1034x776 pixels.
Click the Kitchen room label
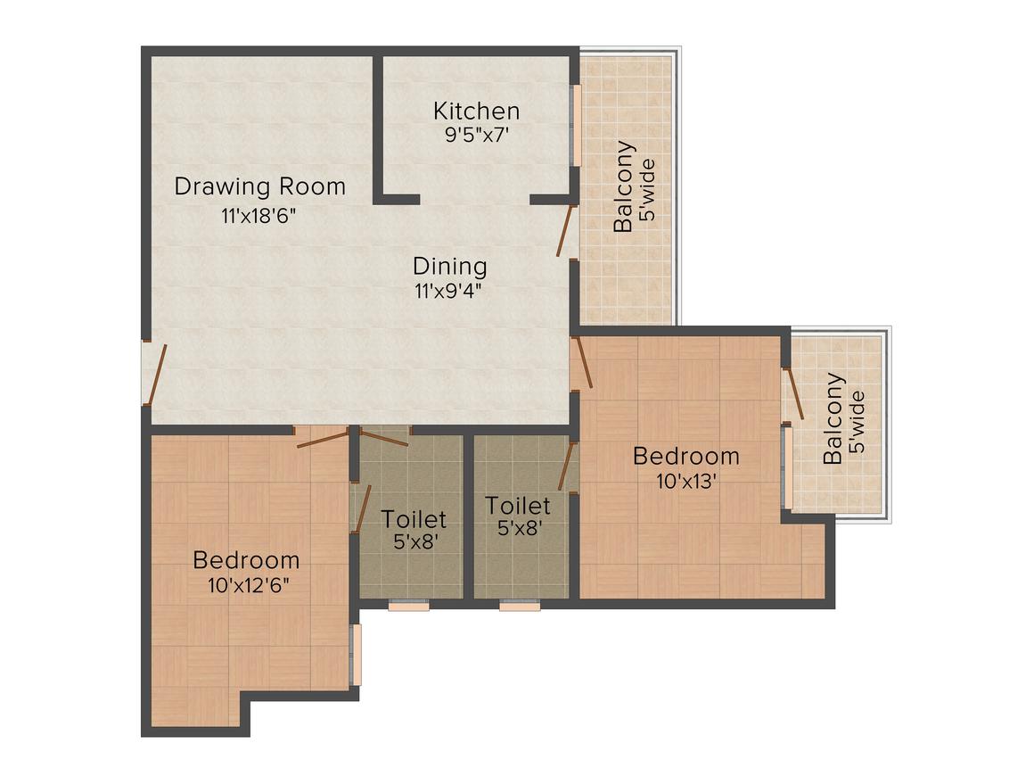(x=476, y=111)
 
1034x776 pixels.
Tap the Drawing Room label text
(x=259, y=186)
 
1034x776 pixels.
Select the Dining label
(x=450, y=267)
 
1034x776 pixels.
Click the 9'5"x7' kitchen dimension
(x=476, y=136)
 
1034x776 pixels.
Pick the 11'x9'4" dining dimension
(x=448, y=291)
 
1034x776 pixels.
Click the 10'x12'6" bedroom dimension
(x=248, y=585)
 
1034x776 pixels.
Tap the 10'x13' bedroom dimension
(x=686, y=481)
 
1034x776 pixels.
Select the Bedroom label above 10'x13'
(x=685, y=457)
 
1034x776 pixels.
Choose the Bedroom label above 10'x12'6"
(x=246, y=560)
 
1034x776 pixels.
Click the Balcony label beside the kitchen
(x=624, y=186)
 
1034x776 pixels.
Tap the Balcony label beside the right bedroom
(x=834, y=419)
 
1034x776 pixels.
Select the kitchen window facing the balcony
(x=576, y=126)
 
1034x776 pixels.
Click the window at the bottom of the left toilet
(x=409, y=605)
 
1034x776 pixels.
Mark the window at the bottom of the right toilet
(x=520, y=605)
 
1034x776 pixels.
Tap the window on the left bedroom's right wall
(x=357, y=655)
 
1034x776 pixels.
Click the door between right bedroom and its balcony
(x=792, y=393)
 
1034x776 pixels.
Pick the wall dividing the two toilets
(x=469, y=516)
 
